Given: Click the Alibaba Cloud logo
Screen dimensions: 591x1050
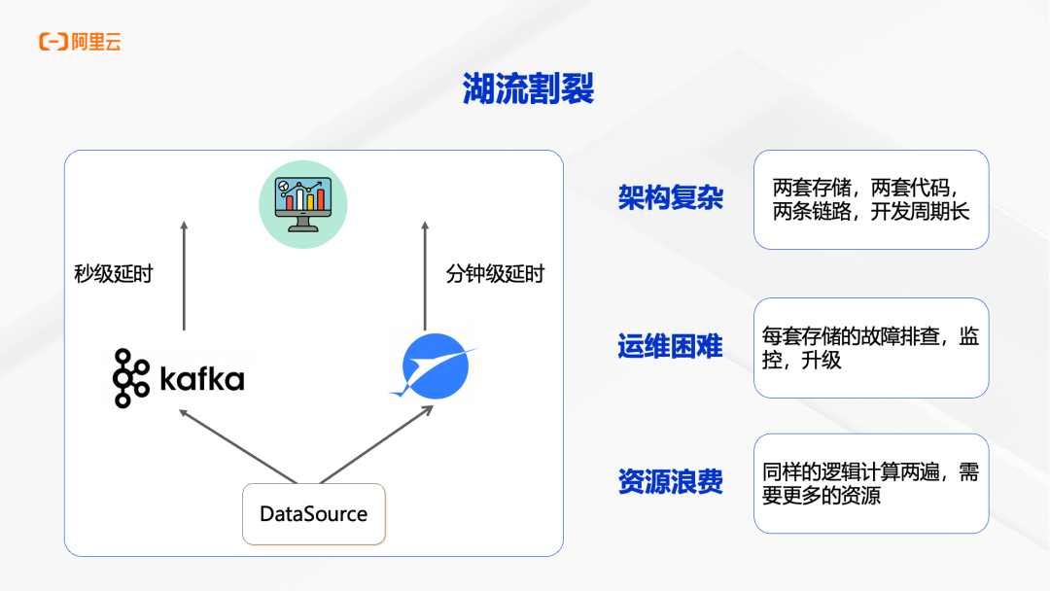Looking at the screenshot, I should click(80, 42).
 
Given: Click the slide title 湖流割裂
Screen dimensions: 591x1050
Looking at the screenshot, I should click(528, 89).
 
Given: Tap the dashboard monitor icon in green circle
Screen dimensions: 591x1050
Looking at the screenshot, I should click(302, 202).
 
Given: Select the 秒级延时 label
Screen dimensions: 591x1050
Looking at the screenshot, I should click(114, 274).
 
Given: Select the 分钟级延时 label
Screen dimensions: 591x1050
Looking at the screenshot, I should click(495, 274).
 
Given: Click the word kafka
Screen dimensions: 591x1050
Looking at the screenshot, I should click(201, 378).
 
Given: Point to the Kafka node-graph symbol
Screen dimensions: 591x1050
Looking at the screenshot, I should click(130, 377).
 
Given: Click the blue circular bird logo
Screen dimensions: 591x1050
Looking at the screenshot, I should click(435, 366).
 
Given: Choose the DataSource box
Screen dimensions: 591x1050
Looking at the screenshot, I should click(313, 513).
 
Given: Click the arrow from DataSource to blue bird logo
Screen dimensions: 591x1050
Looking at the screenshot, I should click(376, 444).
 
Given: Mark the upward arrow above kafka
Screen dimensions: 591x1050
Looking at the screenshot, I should click(184, 276).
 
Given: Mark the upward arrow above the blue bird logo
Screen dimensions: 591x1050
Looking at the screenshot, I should click(424, 276).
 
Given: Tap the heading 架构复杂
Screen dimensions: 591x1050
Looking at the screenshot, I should click(670, 198).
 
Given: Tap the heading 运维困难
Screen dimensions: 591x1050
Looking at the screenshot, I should click(670, 346).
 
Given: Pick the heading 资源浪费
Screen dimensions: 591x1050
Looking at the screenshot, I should click(670, 482).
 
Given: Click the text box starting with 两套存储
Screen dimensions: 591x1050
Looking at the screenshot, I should click(871, 199).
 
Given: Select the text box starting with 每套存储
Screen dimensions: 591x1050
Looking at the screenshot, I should click(871, 348).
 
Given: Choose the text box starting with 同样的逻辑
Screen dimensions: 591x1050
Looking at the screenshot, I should click(871, 483).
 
